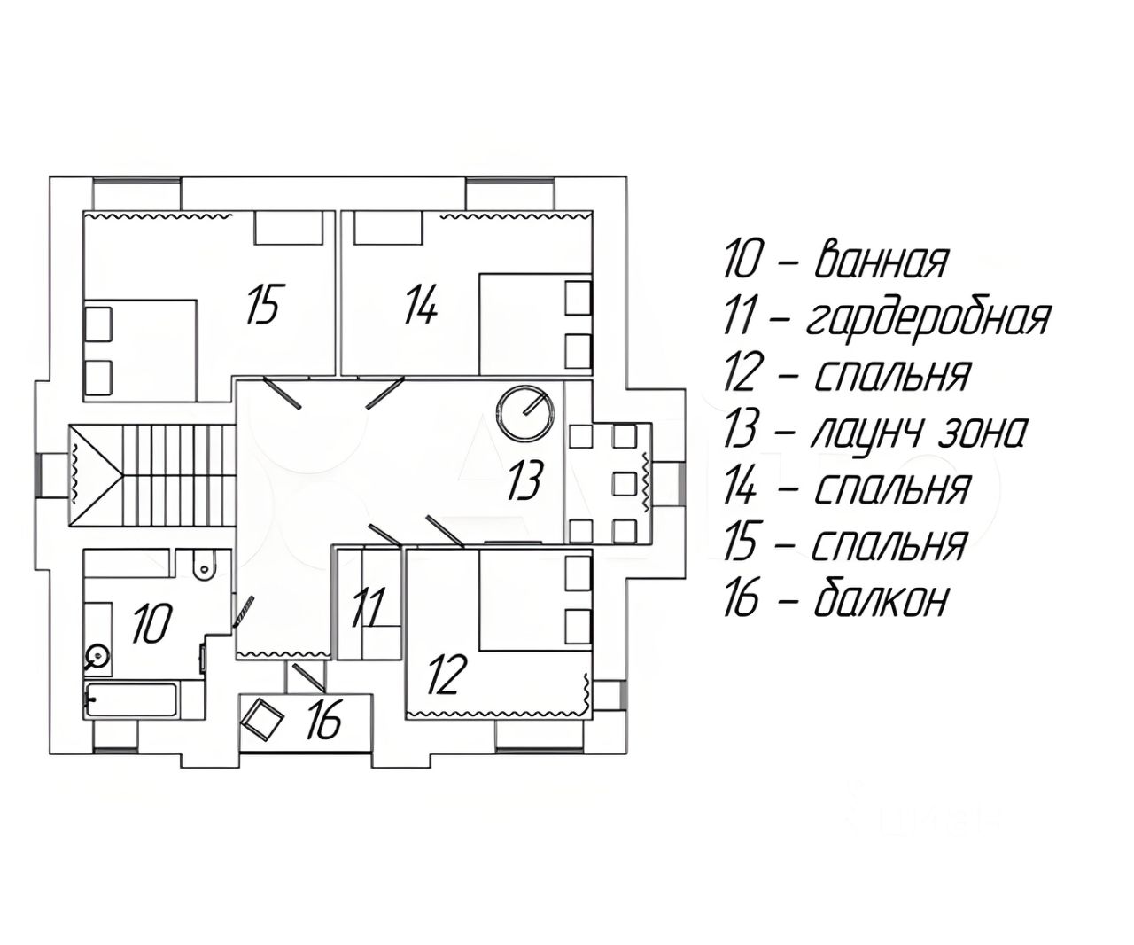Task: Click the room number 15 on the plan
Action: (262, 305)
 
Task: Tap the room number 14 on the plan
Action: (422, 305)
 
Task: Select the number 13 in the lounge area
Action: (525, 480)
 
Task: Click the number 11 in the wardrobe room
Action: (369, 606)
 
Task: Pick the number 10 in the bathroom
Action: (153, 621)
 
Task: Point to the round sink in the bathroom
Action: (97, 657)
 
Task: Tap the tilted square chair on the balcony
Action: (263, 719)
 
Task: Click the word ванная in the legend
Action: (881, 261)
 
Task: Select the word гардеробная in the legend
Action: (926, 319)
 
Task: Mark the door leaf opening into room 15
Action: (282, 392)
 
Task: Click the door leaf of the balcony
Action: (308, 676)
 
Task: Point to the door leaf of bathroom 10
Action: (244, 613)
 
